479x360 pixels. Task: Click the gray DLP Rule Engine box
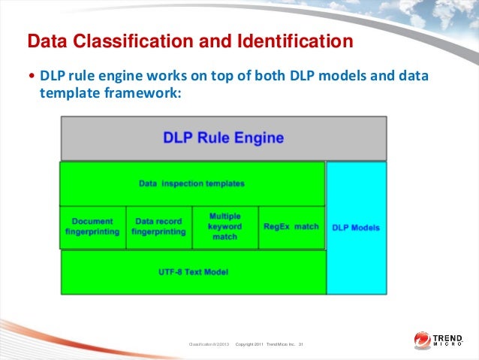223,138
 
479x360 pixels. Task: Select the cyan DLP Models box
356,227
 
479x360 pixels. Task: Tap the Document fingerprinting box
93,227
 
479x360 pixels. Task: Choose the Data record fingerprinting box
159,227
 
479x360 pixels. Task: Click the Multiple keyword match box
225,226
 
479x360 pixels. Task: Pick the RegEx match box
291,226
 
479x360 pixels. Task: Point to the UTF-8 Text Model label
194,271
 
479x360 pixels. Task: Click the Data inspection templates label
191,183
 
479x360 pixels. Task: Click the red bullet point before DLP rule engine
31,77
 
